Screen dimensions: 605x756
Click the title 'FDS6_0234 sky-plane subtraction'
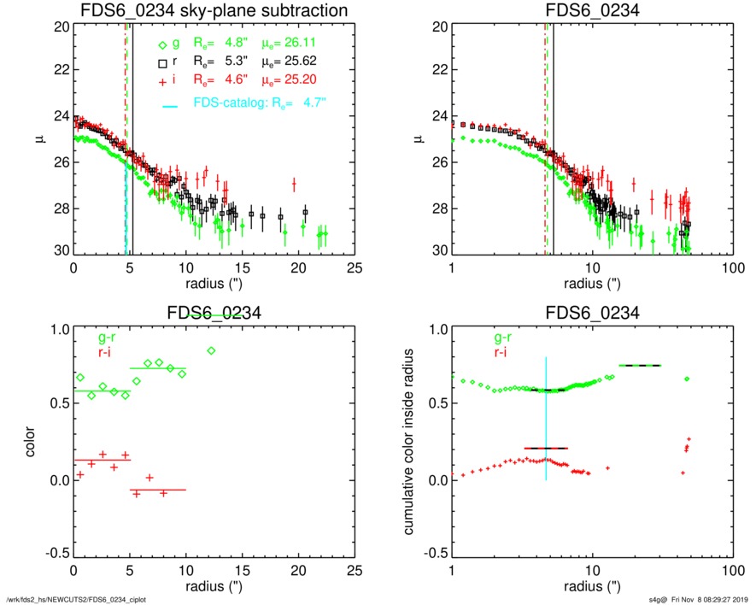point(214,11)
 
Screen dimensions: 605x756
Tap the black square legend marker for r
point(162,63)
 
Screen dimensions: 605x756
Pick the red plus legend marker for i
point(162,81)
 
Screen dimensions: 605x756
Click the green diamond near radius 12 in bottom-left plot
point(211,350)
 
